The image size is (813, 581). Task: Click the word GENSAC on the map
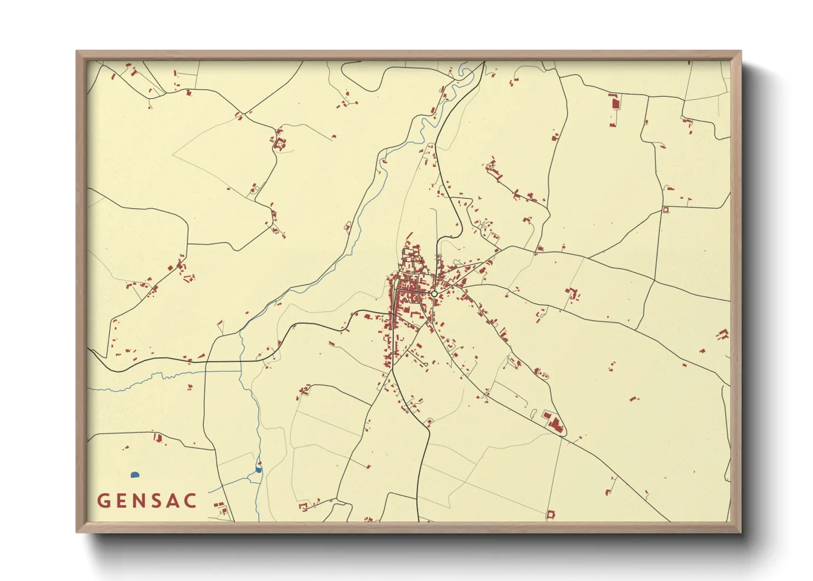(147, 501)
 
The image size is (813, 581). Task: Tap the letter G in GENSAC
(104, 501)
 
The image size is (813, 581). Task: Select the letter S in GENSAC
(157, 501)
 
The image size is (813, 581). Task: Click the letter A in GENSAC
(174, 501)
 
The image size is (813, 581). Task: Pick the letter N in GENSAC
(139, 501)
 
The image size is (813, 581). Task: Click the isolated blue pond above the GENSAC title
(135, 474)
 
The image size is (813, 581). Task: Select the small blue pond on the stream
(259, 470)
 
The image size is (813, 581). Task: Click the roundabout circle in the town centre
(434, 294)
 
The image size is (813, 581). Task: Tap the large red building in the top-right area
(615, 102)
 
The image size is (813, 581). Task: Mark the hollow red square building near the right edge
(666, 210)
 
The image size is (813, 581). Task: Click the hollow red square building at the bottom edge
(550, 514)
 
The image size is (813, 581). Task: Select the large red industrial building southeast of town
(555, 424)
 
